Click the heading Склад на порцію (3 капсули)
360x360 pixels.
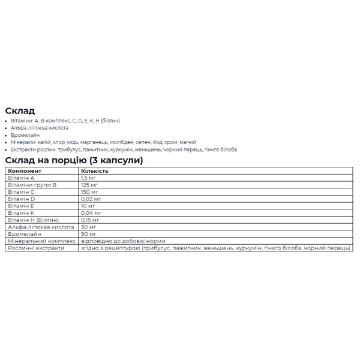tap(74, 160)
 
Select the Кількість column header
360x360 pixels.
tap(95, 171)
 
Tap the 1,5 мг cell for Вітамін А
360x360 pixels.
tap(88, 178)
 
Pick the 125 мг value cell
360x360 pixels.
tap(89, 185)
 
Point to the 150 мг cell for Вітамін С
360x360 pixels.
tap(89, 192)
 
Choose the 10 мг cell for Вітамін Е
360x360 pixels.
tap(88, 206)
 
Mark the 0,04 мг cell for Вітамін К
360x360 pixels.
tap(91, 213)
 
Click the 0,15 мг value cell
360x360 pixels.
tap(91, 220)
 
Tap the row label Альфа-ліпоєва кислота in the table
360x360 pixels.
tap(40, 227)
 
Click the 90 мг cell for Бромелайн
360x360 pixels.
tap(88, 234)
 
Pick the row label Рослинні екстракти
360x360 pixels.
tap(35, 248)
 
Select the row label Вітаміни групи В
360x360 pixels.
tap(32, 185)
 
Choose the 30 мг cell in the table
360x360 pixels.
tap(88, 227)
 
